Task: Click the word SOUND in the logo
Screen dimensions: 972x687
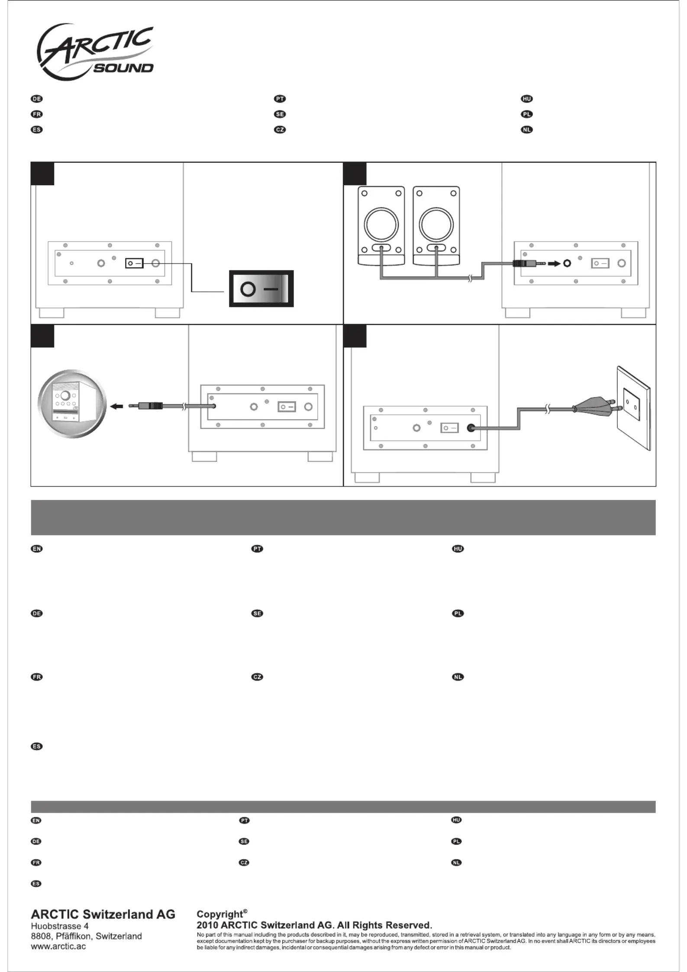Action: point(123,68)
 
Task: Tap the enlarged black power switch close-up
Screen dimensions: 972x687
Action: point(261,289)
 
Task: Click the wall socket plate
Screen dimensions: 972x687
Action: point(633,407)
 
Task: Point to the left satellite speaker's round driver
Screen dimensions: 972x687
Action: point(381,225)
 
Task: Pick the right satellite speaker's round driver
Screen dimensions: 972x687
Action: point(436,225)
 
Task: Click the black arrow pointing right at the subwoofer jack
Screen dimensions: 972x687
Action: point(554,263)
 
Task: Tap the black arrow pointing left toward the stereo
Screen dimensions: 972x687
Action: point(117,406)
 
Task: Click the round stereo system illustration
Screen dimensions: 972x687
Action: point(72,404)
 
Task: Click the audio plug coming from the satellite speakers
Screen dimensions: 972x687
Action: point(528,263)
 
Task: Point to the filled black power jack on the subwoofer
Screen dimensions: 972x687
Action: point(471,428)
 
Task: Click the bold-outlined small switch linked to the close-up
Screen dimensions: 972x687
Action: point(134,263)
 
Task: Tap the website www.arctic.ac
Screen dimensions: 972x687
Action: point(58,946)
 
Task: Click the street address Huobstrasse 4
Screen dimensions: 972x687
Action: point(60,926)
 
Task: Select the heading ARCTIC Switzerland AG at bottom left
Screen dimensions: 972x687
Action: point(103,914)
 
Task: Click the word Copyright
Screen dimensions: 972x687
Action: point(220,914)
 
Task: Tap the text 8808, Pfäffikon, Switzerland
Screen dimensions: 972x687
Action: point(86,936)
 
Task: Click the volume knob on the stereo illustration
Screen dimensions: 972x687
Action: point(66,396)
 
